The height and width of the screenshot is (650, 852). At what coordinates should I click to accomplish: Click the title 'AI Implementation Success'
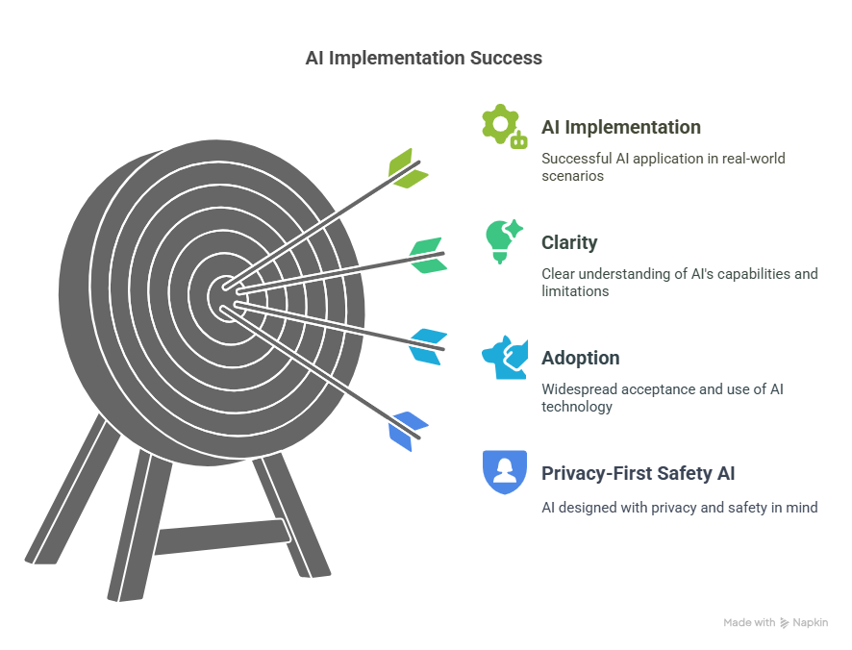pyautogui.click(x=423, y=58)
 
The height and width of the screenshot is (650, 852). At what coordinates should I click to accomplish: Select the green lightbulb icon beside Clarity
pyautogui.click(x=503, y=241)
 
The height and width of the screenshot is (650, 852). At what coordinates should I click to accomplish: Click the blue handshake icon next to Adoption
pyautogui.click(x=504, y=357)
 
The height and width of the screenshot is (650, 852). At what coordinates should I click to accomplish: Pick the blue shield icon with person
pyautogui.click(x=504, y=472)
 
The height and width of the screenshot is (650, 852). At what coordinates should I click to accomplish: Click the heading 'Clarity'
pyautogui.click(x=569, y=242)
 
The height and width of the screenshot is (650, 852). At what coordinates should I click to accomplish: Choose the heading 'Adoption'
pyautogui.click(x=580, y=358)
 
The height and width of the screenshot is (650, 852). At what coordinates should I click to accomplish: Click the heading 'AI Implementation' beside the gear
pyautogui.click(x=620, y=127)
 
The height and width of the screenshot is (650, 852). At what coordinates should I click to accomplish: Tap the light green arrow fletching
pyautogui.click(x=407, y=169)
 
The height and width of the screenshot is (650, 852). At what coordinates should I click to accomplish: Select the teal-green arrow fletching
pyautogui.click(x=426, y=255)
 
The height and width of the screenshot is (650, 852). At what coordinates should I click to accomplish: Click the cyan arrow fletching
pyautogui.click(x=427, y=346)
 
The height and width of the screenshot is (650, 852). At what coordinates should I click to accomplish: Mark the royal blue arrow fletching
pyautogui.click(x=408, y=430)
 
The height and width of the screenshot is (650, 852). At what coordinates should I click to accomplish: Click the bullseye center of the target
pyautogui.click(x=224, y=294)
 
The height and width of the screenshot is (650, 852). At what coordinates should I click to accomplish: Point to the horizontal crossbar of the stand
pyautogui.click(x=221, y=537)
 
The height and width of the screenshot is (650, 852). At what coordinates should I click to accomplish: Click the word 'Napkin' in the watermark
pyautogui.click(x=811, y=623)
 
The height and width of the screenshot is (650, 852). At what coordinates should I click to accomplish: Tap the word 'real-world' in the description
pyautogui.click(x=760, y=158)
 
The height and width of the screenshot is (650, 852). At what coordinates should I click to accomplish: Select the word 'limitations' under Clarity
pyautogui.click(x=574, y=291)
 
